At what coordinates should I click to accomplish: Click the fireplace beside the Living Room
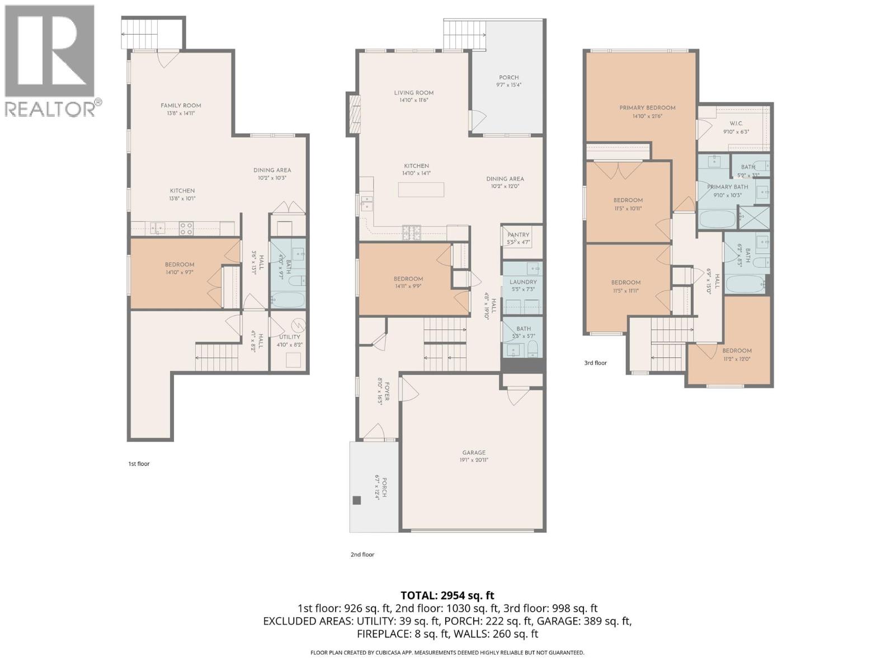pyautogui.click(x=354, y=114)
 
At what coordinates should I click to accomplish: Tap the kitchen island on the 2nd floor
pyautogui.click(x=421, y=190)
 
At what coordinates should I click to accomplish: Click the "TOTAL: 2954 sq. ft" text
pyautogui.click(x=447, y=596)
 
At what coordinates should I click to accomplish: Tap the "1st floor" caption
pyautogui.click(x=139, y=464)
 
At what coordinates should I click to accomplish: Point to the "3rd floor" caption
pyautogui.click(x=595, y=363)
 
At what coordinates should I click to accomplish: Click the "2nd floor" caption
pyautogui.click(x=362, y=555)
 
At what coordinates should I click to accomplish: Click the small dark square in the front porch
pyautogui.click(x=357, y=500)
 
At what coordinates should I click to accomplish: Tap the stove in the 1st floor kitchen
pyautogui.click(x=186, y=228)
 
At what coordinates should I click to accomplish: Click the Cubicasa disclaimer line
pyautogui.click(x=447, y=653)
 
